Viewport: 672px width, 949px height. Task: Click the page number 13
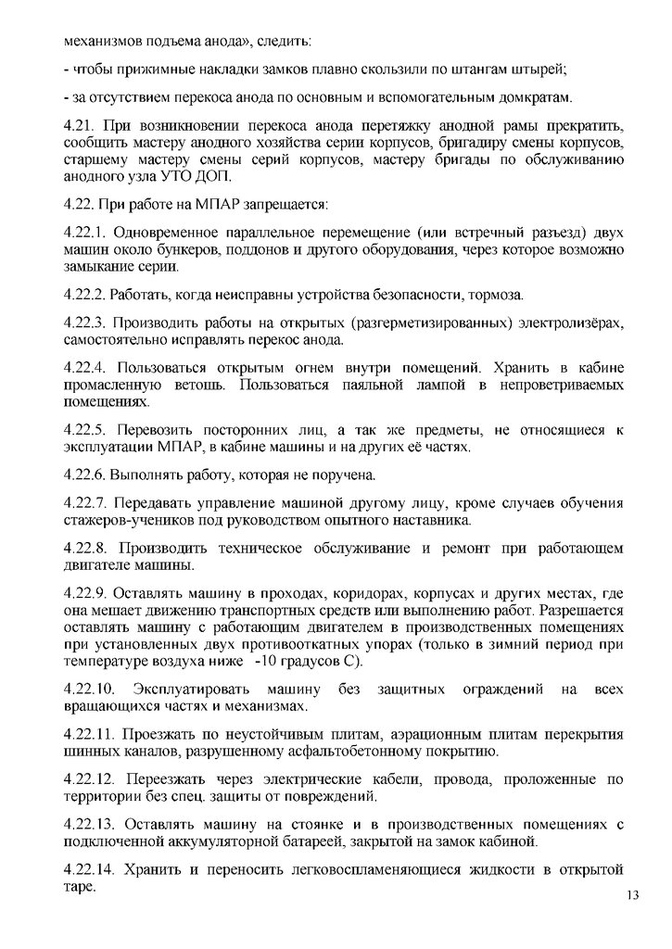[634, 895]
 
